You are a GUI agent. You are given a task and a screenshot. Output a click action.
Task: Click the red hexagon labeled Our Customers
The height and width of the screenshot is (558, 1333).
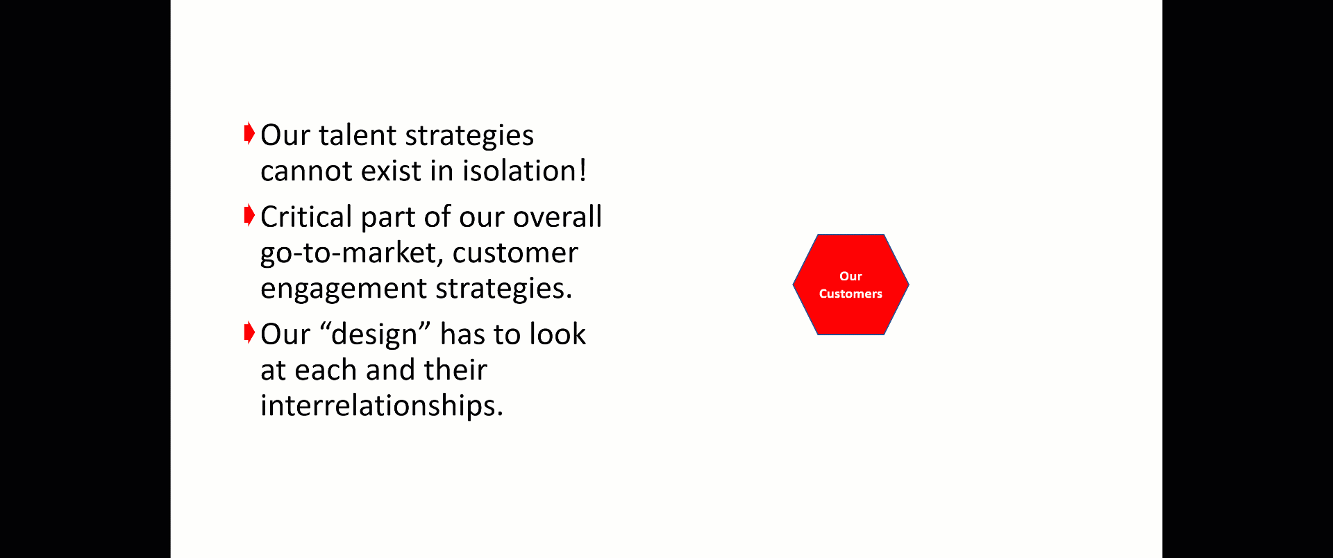click(x=850, y=285)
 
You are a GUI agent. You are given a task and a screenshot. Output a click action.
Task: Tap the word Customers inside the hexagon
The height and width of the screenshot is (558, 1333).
click(x=850, y=294)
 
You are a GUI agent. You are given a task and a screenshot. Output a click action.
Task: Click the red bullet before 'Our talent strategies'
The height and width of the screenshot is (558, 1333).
click(x=249, y=133)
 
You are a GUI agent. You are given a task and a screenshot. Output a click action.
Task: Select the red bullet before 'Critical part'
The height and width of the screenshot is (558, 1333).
click(x=249, y=215)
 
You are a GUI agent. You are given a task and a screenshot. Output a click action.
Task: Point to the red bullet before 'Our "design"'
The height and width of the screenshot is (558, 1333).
click(x=249, y=332)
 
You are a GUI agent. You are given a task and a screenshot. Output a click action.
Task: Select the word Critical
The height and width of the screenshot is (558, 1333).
click(x=307, y=217)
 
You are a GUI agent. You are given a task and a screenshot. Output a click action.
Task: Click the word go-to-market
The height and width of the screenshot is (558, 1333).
click(x=351, y=253)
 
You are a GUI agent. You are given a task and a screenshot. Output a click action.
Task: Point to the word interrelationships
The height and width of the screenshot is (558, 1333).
click(x=381, y=405)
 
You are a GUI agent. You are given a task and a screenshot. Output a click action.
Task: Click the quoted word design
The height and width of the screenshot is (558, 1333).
click(x=374, y=335)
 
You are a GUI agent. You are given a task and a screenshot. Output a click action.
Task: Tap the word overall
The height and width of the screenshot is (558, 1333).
click(x=557, y=217)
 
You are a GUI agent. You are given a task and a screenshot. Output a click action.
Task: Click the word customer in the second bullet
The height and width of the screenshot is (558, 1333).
click(x=515, y=253)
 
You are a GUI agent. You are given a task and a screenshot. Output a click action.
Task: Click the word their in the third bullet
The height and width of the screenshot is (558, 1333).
click(x=455, y=370)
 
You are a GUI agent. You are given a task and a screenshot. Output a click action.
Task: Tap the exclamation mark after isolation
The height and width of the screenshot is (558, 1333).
click(x=582, y=171)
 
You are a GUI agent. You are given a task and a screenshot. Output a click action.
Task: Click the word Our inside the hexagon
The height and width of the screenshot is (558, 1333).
click(x=850, y=276)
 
